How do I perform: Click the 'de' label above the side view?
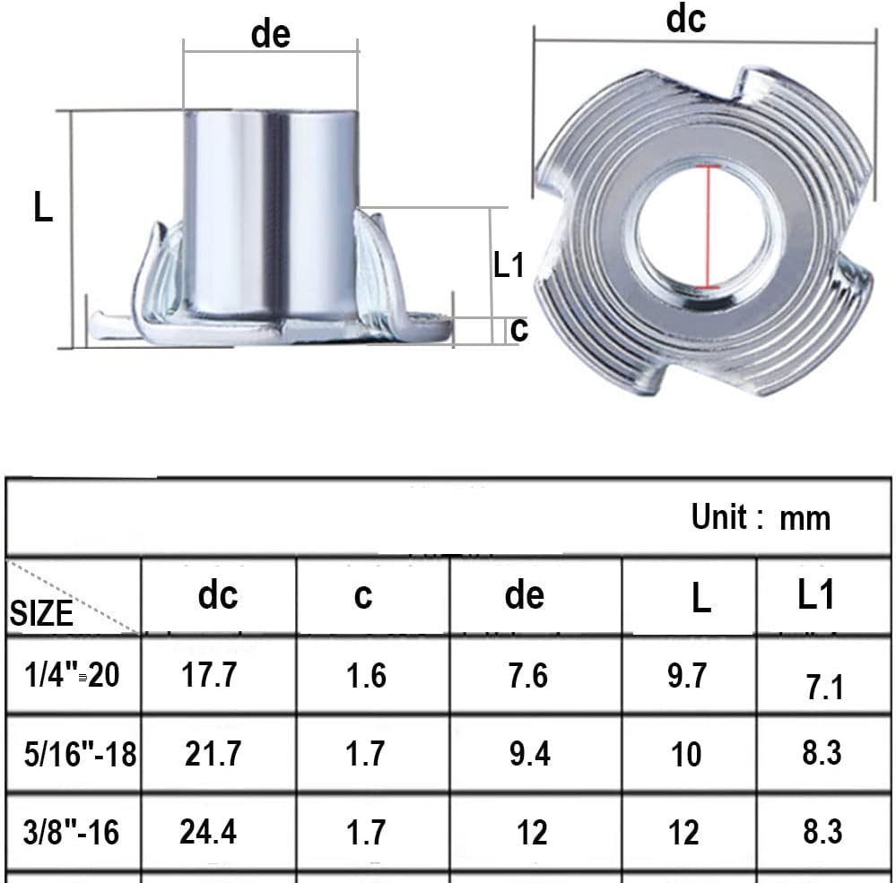tap(271, 34)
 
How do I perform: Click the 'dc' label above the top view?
tap(685, 19)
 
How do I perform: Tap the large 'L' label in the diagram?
tap(43, 209)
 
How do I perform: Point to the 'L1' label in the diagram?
tap(509, 264)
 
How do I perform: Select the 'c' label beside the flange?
tap(518, 329)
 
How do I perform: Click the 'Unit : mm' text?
tap(761, 517)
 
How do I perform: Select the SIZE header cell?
tap(42, 613)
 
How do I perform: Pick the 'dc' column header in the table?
tap(218, 595)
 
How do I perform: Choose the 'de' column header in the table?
tap(525, 595)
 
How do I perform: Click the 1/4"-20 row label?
tap(71, 675)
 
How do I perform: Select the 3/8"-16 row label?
tap(72, 832)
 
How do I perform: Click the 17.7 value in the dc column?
tap(210, 675)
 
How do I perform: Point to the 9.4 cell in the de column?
tap(529, 754)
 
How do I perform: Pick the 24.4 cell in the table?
tap(208, 832)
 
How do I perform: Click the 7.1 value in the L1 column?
tap(824, 688)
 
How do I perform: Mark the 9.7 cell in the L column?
tap(687, 676)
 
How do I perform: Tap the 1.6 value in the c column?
tap(366, 675)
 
